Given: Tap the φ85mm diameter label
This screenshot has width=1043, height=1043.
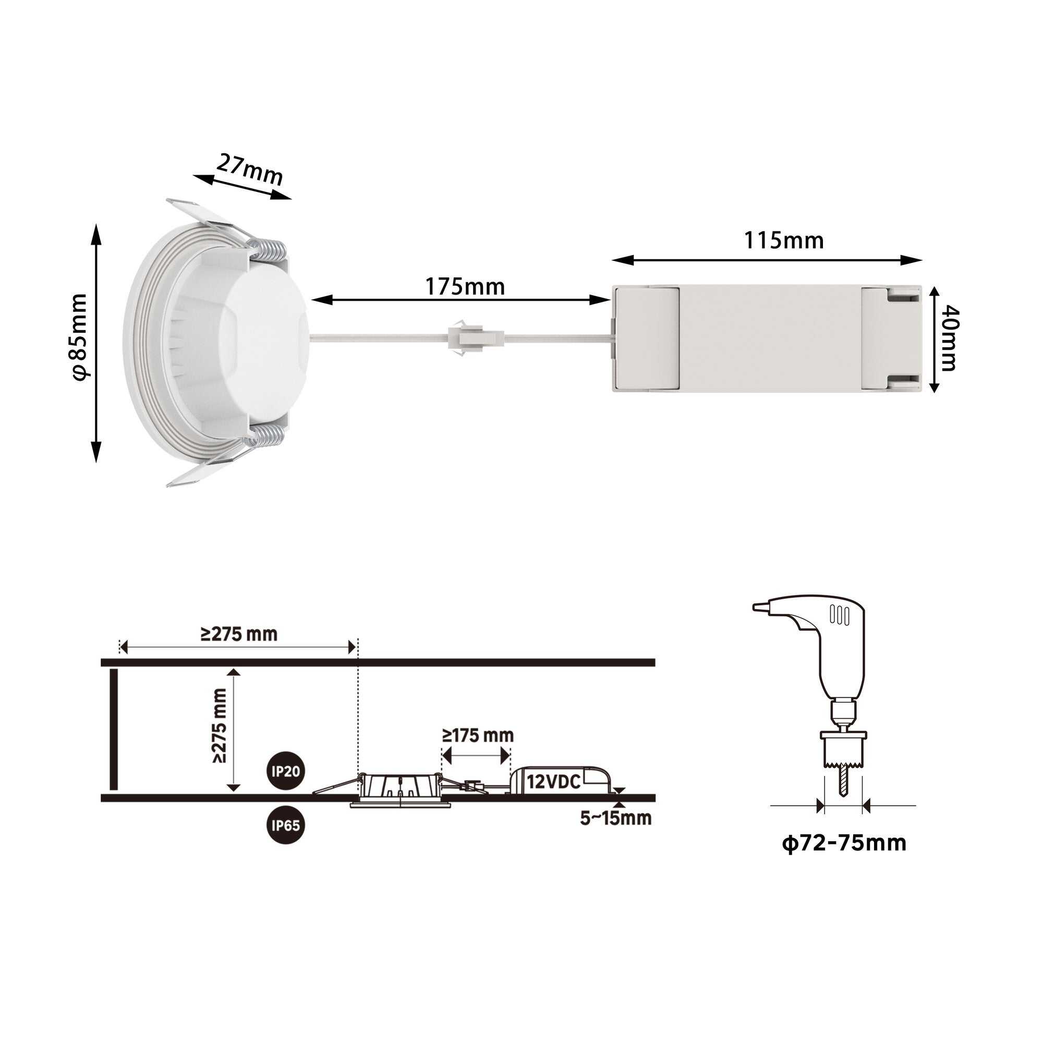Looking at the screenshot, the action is (80, 337).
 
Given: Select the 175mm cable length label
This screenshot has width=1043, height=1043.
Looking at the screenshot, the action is (465, 287).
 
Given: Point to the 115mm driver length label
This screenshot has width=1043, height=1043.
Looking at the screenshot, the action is (784, 240).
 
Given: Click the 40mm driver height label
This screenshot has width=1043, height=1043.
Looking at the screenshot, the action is (949, 338).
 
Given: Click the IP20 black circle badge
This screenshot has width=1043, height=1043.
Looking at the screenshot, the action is (286, 771).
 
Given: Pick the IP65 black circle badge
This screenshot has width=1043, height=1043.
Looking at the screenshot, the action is (286, 826).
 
